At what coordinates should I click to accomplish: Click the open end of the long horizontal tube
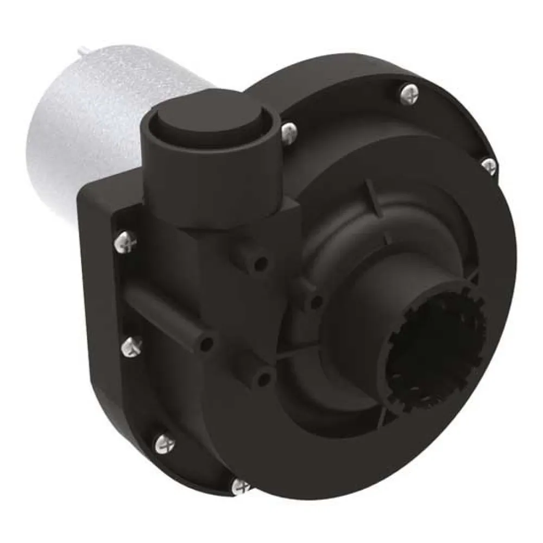206,343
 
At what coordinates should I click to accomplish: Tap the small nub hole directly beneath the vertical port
261,263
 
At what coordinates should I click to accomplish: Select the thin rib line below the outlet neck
304,356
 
